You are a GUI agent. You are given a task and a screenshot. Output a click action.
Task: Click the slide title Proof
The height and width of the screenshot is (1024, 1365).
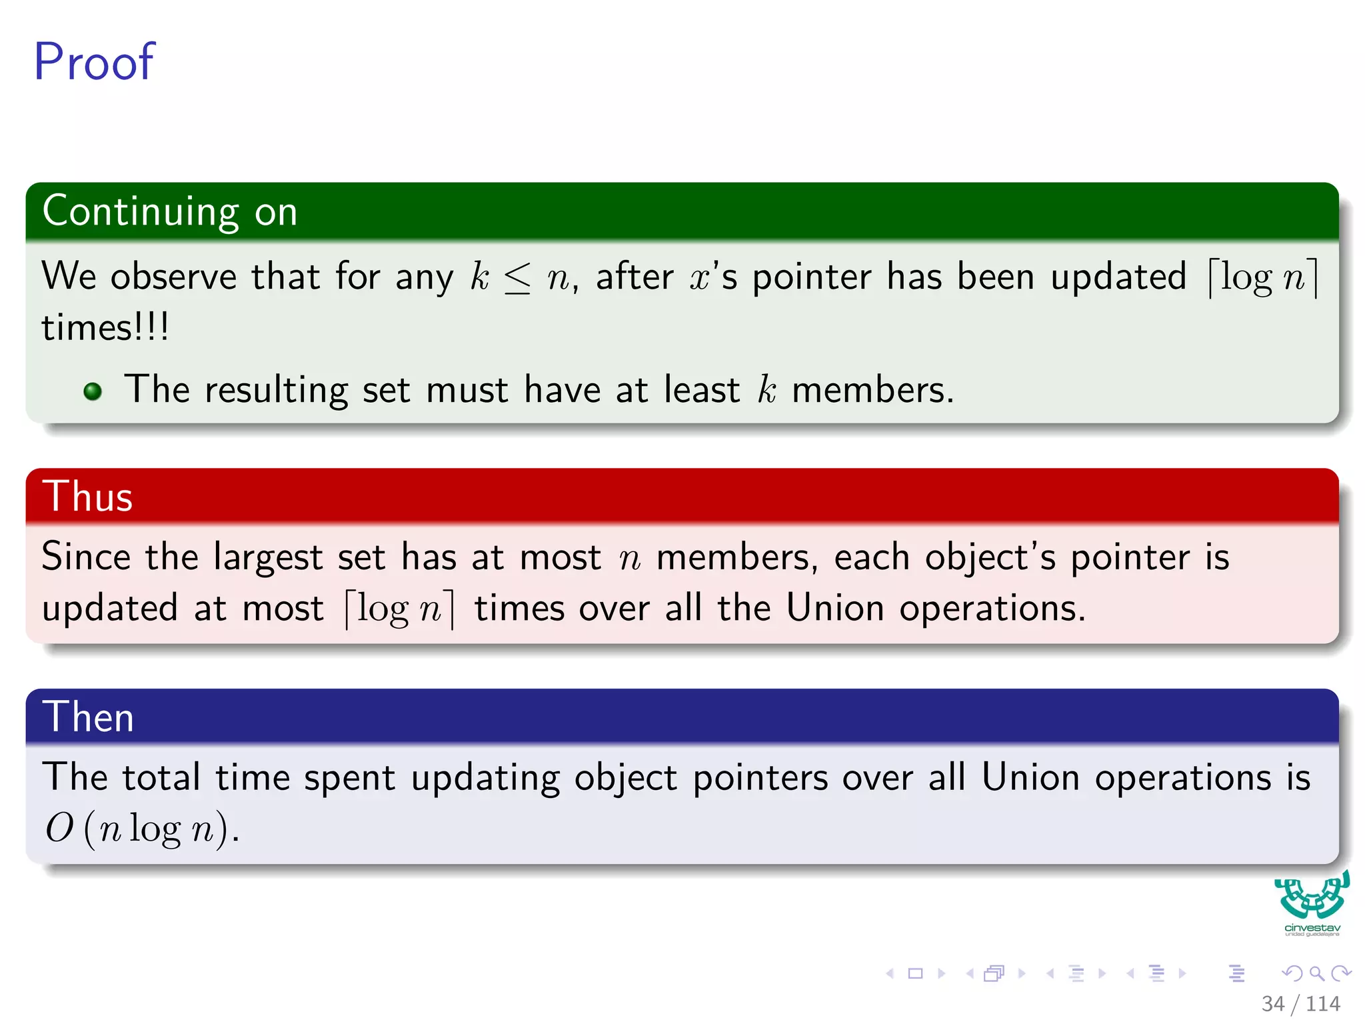point(94,61)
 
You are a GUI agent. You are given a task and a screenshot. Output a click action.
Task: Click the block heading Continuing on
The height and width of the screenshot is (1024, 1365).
point(170,211)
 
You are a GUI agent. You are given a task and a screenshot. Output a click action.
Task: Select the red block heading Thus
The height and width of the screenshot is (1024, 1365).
point(87,497)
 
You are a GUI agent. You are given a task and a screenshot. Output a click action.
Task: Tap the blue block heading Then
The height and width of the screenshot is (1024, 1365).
point(88,717)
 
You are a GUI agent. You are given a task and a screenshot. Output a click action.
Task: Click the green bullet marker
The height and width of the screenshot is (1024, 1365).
point(93,391)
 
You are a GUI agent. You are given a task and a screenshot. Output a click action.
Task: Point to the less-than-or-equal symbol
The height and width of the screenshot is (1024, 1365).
point(518,278)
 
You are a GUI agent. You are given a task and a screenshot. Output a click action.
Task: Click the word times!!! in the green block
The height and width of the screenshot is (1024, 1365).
point(105,327)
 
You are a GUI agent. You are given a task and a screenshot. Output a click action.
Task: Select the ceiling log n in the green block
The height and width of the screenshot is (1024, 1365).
point(1263,277)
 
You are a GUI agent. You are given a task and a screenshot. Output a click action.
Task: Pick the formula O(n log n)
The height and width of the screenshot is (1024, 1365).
point(142,829)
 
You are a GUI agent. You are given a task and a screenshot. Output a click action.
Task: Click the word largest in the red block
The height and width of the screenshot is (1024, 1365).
point(268,557)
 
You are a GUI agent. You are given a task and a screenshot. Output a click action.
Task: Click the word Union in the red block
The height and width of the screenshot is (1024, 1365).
point(834,608)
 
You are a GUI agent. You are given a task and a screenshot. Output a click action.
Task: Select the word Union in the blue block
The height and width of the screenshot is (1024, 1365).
point(1030,777)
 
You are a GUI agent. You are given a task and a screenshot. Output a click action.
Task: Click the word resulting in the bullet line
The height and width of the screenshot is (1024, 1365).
point(276,391)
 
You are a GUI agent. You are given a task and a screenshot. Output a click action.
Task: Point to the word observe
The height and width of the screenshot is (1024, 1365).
point(173,277)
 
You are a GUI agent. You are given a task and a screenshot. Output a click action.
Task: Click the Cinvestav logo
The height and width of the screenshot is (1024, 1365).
point(1312,903)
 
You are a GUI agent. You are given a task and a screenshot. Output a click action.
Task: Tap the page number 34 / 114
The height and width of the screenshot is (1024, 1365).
point(1300,1003)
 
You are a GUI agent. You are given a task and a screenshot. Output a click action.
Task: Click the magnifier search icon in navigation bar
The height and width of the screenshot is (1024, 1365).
point(1316,973)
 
